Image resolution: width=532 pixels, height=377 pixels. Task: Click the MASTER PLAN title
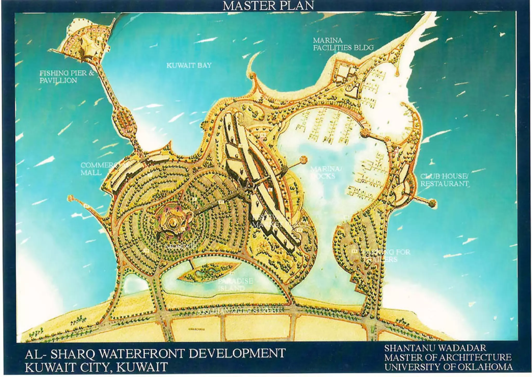click(x=268, y=6)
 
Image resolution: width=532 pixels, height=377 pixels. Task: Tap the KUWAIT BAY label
click(x=189, y=65)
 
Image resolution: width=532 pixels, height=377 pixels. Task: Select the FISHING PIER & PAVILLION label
click(x=67, y=76)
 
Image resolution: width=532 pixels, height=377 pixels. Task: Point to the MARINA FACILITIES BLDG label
click(x=343, y=44)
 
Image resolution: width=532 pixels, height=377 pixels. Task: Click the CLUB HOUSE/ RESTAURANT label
click(x=444, y=180)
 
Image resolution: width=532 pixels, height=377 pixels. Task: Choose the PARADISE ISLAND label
click(x=235, y=285)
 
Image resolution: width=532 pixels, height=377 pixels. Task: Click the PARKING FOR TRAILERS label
click(x=386, y=255)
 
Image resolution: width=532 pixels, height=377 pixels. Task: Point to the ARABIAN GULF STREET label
click(x=238, y=311)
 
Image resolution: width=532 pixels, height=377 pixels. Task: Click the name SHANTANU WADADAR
click(x=435, y=348)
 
